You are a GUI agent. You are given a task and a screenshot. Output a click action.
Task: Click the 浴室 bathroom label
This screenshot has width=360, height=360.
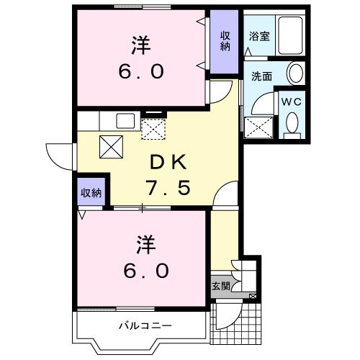pos(260,36)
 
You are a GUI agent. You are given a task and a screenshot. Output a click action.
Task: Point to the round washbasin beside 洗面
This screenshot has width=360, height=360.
pos(295,72)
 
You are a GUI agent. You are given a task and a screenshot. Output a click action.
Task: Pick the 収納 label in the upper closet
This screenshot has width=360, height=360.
pos(225,41)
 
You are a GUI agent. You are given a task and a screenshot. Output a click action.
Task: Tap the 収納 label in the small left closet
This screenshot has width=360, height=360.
pos(91,192)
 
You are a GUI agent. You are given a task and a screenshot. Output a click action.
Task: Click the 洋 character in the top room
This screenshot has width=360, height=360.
pos(141,45)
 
